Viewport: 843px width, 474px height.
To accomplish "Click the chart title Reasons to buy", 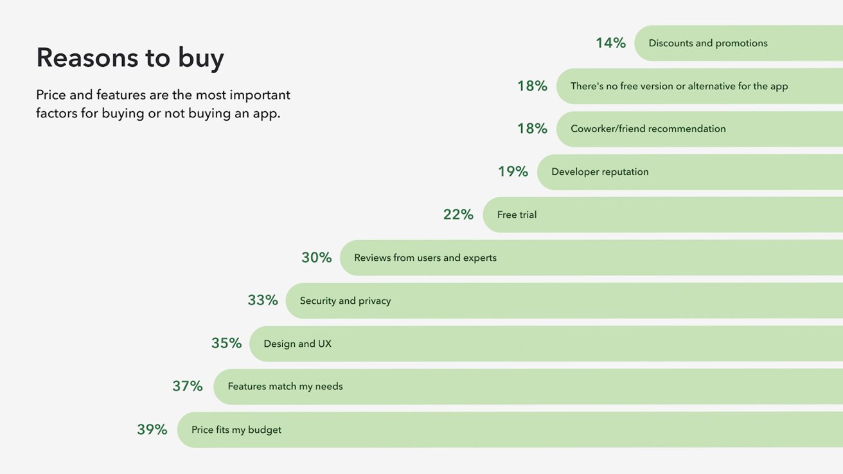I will (x=130, y=58).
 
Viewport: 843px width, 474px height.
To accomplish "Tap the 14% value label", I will (x=610, y=43).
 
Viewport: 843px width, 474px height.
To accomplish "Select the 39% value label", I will (x=152, y=430).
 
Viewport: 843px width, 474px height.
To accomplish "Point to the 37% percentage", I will (x=188, y=387).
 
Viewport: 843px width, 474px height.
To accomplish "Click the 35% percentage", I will (x=227, y=344).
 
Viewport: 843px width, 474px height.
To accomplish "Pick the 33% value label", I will (x=263, y=301).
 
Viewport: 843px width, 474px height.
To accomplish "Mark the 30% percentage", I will (x=317, y=258).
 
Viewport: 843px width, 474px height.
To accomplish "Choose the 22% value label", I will (x=458, y=215).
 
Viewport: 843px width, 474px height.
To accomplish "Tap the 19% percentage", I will (x=513, y=171).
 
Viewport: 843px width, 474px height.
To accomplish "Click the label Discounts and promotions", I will (x=708, y=43).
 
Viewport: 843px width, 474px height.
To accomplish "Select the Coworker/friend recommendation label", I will (x=648, y=128).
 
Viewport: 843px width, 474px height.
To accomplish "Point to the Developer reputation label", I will (x=600, y=171).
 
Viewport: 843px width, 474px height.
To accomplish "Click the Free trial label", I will (x=517, y=215).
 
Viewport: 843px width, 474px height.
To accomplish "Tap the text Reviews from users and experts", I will (x=425, y=258).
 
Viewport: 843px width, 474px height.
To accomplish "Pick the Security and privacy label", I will (x=346, y=301).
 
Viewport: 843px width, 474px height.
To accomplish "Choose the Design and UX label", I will (x=297, y=344).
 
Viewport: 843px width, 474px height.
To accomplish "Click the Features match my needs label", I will (x=285, y=387).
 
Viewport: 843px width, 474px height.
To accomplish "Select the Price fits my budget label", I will (x=236, y=430).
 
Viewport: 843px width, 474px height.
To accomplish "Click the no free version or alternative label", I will (x=679, y=86).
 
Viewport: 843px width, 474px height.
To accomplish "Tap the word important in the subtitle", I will (x=260, y=95).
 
